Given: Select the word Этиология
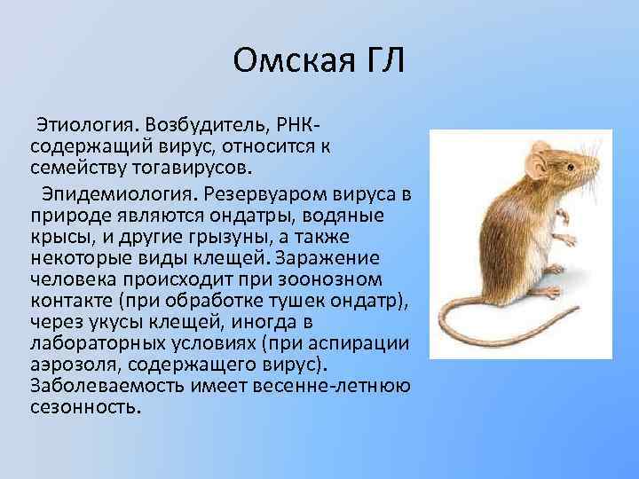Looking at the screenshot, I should (x=75, y=121).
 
